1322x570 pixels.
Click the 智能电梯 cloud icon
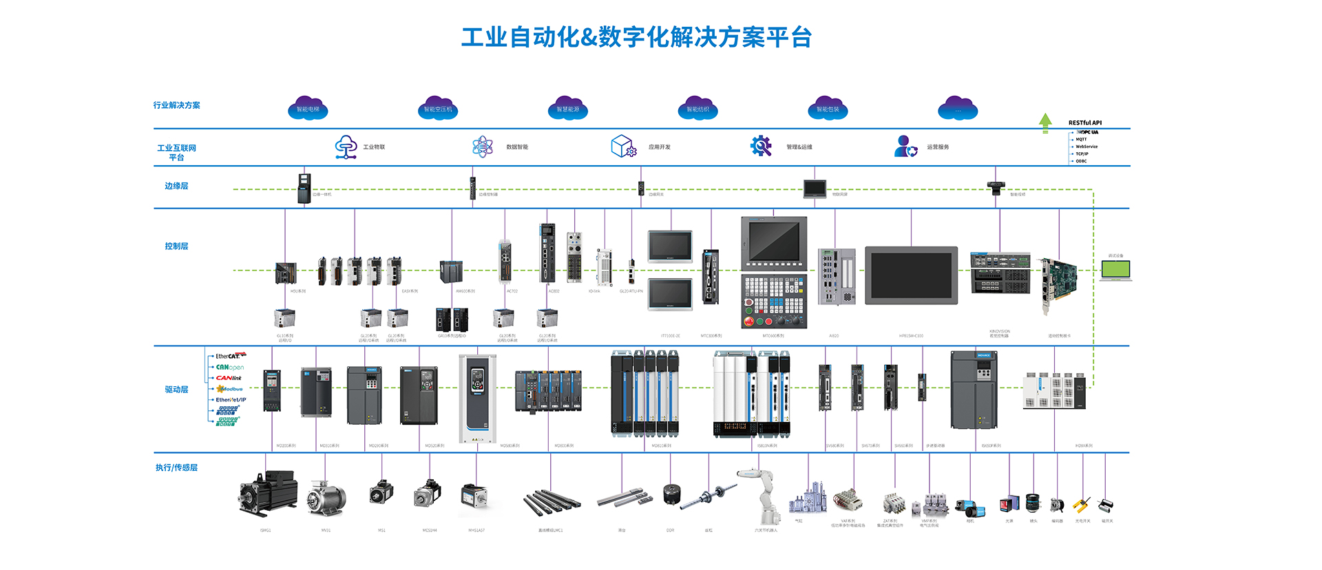[x=308, y=109]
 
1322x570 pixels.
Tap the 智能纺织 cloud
[x=698, y=109]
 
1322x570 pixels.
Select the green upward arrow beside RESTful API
[x=1045, y=122]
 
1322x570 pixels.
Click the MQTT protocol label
[x=1081, y=139]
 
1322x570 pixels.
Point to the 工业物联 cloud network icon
[x=346, y=147]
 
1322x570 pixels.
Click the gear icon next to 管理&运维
[x=761, y=146]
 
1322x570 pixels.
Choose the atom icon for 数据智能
[x=483, y=147]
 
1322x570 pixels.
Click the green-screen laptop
[x=1115, y=270]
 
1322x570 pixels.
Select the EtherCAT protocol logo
[x=230, y=356]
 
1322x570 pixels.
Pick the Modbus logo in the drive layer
[x=230, y=389]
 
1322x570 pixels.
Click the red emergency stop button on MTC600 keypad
[x=749, y=321]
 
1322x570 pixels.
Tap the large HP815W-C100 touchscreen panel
[x=912, y=275]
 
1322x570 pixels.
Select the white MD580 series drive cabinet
[x=477, y=399]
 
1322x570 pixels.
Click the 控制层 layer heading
[x=176, y=246]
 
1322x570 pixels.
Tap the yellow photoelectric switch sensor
[x=1082, y=506]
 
